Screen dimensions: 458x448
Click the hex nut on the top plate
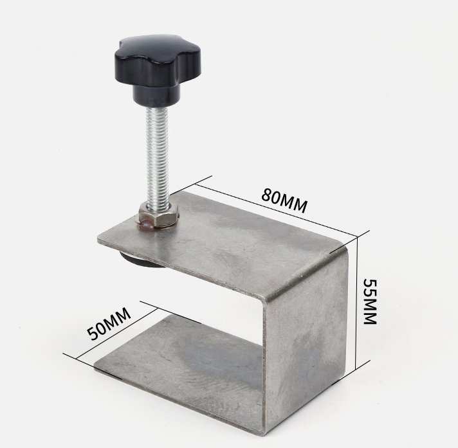(x=159, y=215)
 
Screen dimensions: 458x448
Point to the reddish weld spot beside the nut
(x=147, y=225)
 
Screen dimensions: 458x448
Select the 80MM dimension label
(x=284, y=200)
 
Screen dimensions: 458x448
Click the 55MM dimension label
(x=370, y=301)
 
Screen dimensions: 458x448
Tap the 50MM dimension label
(x=109, y=323)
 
